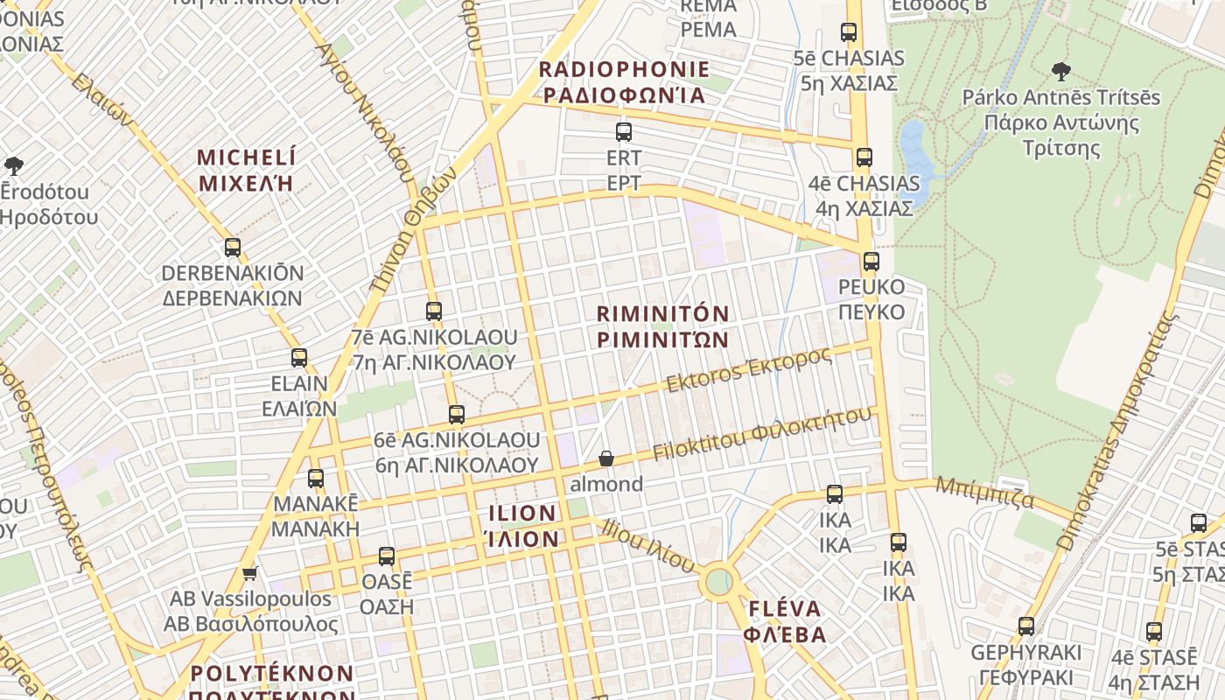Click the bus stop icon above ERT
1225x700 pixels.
(x=623, y=132)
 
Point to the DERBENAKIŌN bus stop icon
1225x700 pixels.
(x=232, y=248)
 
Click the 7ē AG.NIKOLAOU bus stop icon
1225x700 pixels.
(x=433, y=311)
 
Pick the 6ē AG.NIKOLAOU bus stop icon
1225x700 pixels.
(x=456, y=414)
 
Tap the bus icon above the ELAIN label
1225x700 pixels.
(x=299, y=358)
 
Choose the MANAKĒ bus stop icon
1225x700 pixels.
(x=315, y=479)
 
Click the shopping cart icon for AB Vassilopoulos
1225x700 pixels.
(x=250, y=574)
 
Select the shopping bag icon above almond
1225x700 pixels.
(x=605, y=458)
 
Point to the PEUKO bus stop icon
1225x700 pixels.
(x=871, y=262)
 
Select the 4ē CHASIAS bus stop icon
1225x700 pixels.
(x=864, y=157)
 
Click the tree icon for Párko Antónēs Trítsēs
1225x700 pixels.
(x=1061, y=71)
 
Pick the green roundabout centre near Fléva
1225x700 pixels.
(x=718, y=582)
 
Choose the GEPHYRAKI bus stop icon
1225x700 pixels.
(x=1025, y=626)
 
